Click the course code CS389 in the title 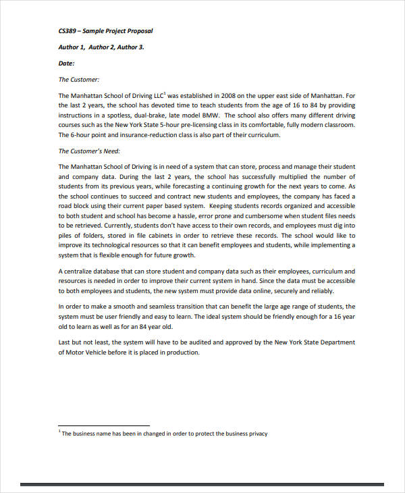coord(68,32)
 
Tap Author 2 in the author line coord(106,47)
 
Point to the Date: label coord(67,63)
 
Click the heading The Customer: coord(79,79)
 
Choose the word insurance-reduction coord(135,134)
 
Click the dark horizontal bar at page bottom coord(202,484)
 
